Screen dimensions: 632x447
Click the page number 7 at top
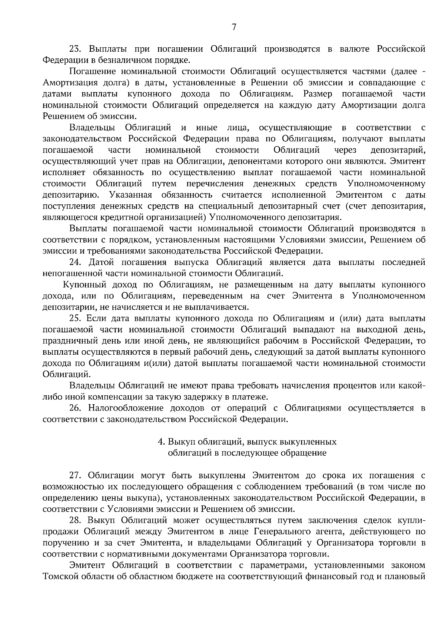[x=234, y=27]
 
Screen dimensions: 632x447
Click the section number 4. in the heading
[x=161, y=442]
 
